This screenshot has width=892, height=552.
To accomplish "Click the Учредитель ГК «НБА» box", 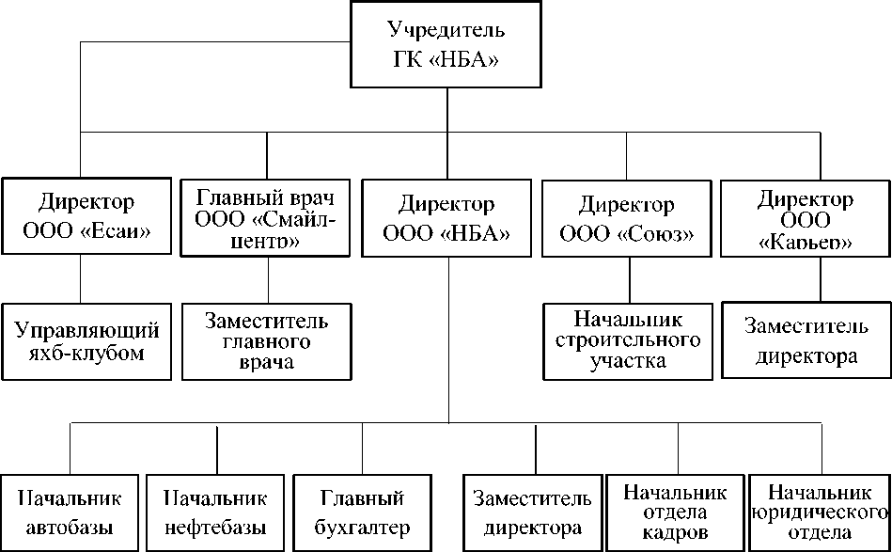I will [446, 45].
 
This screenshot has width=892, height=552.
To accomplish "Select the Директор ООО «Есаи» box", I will [86, 216].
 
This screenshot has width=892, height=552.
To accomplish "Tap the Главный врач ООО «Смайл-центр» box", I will [266, 217].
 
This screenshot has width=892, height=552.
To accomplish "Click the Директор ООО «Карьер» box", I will [806, 217].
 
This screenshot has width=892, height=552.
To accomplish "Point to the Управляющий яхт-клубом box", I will [86, 341].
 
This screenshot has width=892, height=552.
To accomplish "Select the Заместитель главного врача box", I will [267, 341].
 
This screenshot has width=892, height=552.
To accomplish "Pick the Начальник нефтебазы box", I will [215, 513].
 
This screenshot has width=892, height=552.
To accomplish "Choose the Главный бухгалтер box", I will [362, 513].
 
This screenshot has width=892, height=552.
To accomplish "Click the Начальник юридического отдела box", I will [819, 513].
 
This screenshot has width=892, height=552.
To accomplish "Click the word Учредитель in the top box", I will [446, 29].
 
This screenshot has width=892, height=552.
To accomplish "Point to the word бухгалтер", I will [362, 528].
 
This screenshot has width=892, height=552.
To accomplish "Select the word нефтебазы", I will [215, 528].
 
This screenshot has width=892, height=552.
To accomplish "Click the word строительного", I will [628, 340].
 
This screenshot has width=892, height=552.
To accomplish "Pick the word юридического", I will [820, 513].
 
